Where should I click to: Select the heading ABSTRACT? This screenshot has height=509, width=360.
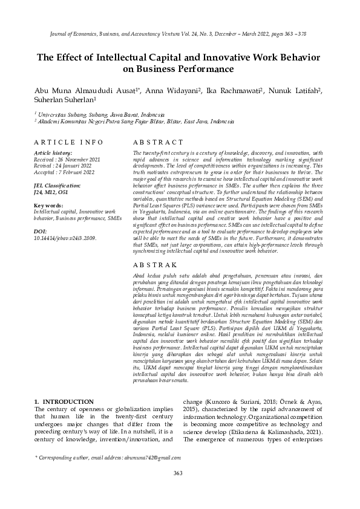tap(155, 142)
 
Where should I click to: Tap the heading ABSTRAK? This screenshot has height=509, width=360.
tap(154, 265)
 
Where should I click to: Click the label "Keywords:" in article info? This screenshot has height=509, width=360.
tap(48, 206)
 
